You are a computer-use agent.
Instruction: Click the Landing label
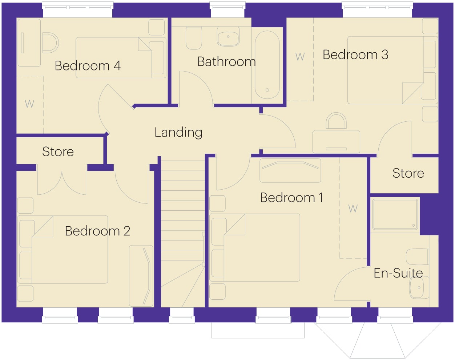pos(178,133)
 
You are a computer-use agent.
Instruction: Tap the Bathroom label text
pos(226,62)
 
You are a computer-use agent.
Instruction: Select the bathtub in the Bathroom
pos(267,65)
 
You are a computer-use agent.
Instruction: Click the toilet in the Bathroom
pos(194,38)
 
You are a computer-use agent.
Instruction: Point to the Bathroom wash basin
pos(228,36)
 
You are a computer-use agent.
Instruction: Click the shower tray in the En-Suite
pos(395,214)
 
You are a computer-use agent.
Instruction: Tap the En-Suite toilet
pos(417,256)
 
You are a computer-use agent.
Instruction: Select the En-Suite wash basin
pos(419,287)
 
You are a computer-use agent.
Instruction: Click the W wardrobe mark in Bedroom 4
pos(29,104)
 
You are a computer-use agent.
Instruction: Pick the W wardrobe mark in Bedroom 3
pos(300,56)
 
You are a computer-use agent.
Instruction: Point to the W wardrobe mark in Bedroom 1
pos(353,209)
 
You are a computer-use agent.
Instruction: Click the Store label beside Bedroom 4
pos(58,151)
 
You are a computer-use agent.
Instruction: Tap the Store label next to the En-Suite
pos(408,173)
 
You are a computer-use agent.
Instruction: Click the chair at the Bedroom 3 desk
pos(336,121)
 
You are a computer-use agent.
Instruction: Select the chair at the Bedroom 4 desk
pos(51,43)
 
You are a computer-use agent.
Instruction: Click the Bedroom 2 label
pos(97,231)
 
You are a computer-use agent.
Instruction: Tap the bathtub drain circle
pos(267,90)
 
